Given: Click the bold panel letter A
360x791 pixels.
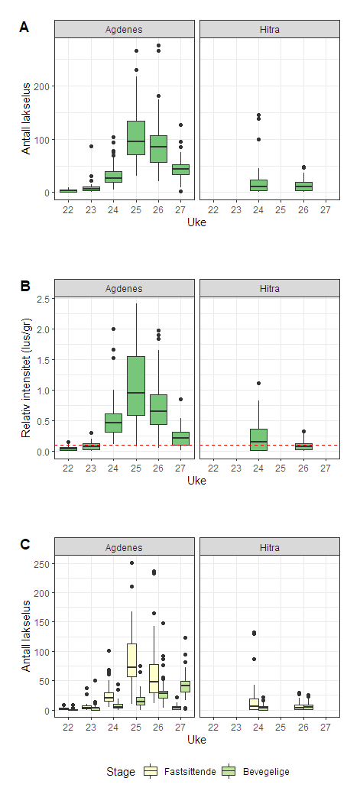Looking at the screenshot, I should click(x=24, y=28).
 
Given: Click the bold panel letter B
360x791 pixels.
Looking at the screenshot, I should click(x=24, y=287).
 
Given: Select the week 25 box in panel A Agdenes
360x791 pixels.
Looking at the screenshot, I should click(x=136, y=138).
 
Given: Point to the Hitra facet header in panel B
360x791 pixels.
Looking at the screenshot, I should click(x=269, y=289).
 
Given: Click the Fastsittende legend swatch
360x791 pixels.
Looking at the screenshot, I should click(x=150, y=772).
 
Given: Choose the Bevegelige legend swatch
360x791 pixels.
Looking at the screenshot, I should click(x=227, y=772).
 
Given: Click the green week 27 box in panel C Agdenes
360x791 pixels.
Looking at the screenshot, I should click(x=185, y=686).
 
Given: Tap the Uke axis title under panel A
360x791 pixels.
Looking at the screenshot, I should click(x=196, y=222).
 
